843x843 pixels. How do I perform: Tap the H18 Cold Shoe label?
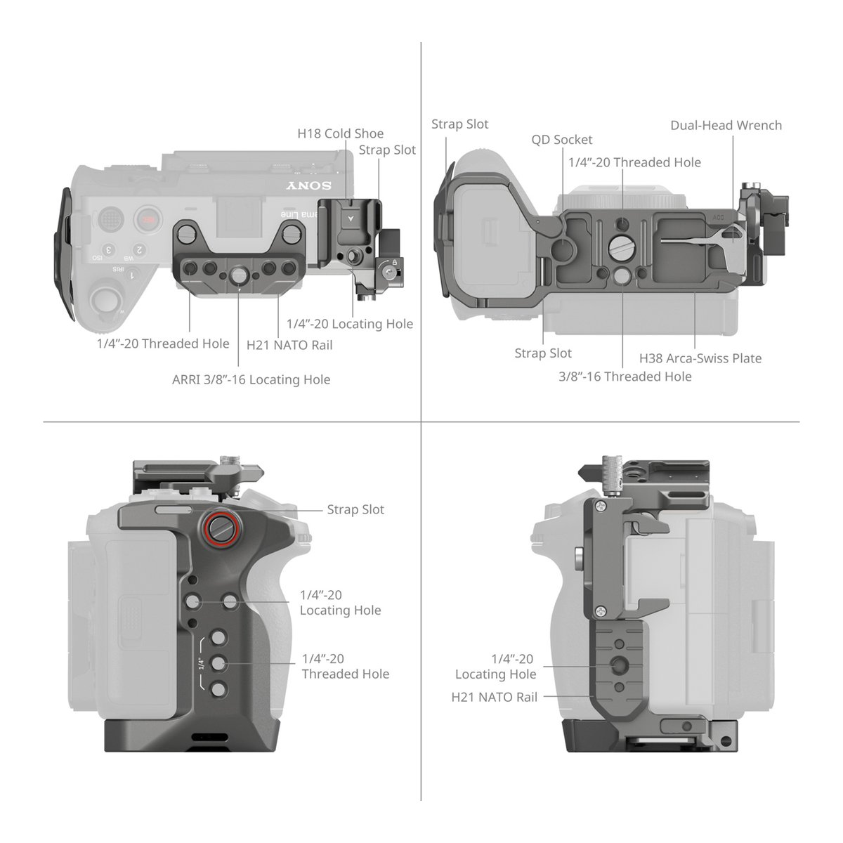(341, 133)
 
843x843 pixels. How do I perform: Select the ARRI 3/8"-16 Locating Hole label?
(251, 379)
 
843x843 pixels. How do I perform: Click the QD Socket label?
(561, 140)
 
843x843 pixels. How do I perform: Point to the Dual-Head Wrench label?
(726, 125)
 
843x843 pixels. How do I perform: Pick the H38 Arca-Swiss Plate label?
(700, 358)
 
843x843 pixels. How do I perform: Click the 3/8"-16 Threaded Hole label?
(625, 377)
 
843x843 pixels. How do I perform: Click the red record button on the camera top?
(147, 219)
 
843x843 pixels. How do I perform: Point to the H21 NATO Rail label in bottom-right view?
(495, 697)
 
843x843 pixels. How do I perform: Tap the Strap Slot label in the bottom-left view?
(355, 509)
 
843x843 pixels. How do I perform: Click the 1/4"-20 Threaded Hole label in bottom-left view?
(344, 666)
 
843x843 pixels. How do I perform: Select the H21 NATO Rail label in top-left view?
(289, 345)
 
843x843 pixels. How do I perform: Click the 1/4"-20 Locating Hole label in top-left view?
(349, 324)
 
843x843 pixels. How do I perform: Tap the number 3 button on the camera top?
(109, 250)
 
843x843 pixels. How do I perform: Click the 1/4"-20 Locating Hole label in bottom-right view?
(495, 666)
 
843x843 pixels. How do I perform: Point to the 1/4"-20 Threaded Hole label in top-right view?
(634, 162)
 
